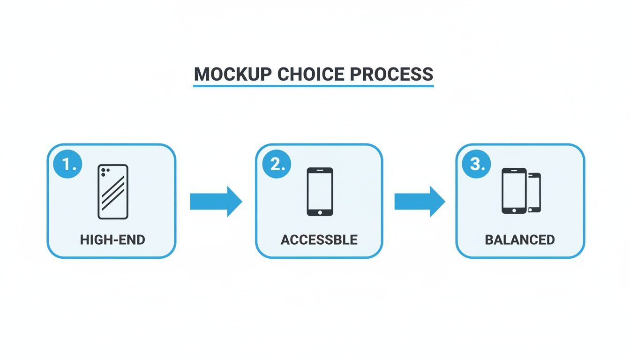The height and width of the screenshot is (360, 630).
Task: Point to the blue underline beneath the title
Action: (313, 86)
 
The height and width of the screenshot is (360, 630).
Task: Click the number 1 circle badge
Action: (68, 165)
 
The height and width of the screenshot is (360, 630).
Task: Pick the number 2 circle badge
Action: (277, 165)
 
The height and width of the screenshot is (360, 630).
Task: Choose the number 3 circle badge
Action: (476, 165)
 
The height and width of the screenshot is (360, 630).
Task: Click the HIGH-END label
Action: (112, 240)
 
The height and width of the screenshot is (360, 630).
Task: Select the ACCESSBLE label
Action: (319, 240)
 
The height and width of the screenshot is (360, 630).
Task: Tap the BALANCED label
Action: (520, 240)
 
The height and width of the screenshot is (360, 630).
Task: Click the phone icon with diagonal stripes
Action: (113, 191)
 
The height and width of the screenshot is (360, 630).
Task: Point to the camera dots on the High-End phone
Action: (104, 172)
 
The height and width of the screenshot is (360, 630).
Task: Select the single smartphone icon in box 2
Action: (320, 192)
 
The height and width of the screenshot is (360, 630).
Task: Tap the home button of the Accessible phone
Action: (320, 212)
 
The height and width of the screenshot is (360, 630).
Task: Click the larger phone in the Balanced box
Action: (514, 191)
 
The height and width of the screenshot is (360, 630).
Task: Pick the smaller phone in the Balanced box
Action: (534, 192)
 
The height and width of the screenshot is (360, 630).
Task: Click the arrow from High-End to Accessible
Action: (216, 202)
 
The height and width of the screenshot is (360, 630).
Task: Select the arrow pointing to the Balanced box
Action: (419, 202)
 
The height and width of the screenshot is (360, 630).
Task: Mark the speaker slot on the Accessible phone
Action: (320, 171)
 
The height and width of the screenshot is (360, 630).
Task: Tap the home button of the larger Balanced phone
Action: (514, 210)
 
